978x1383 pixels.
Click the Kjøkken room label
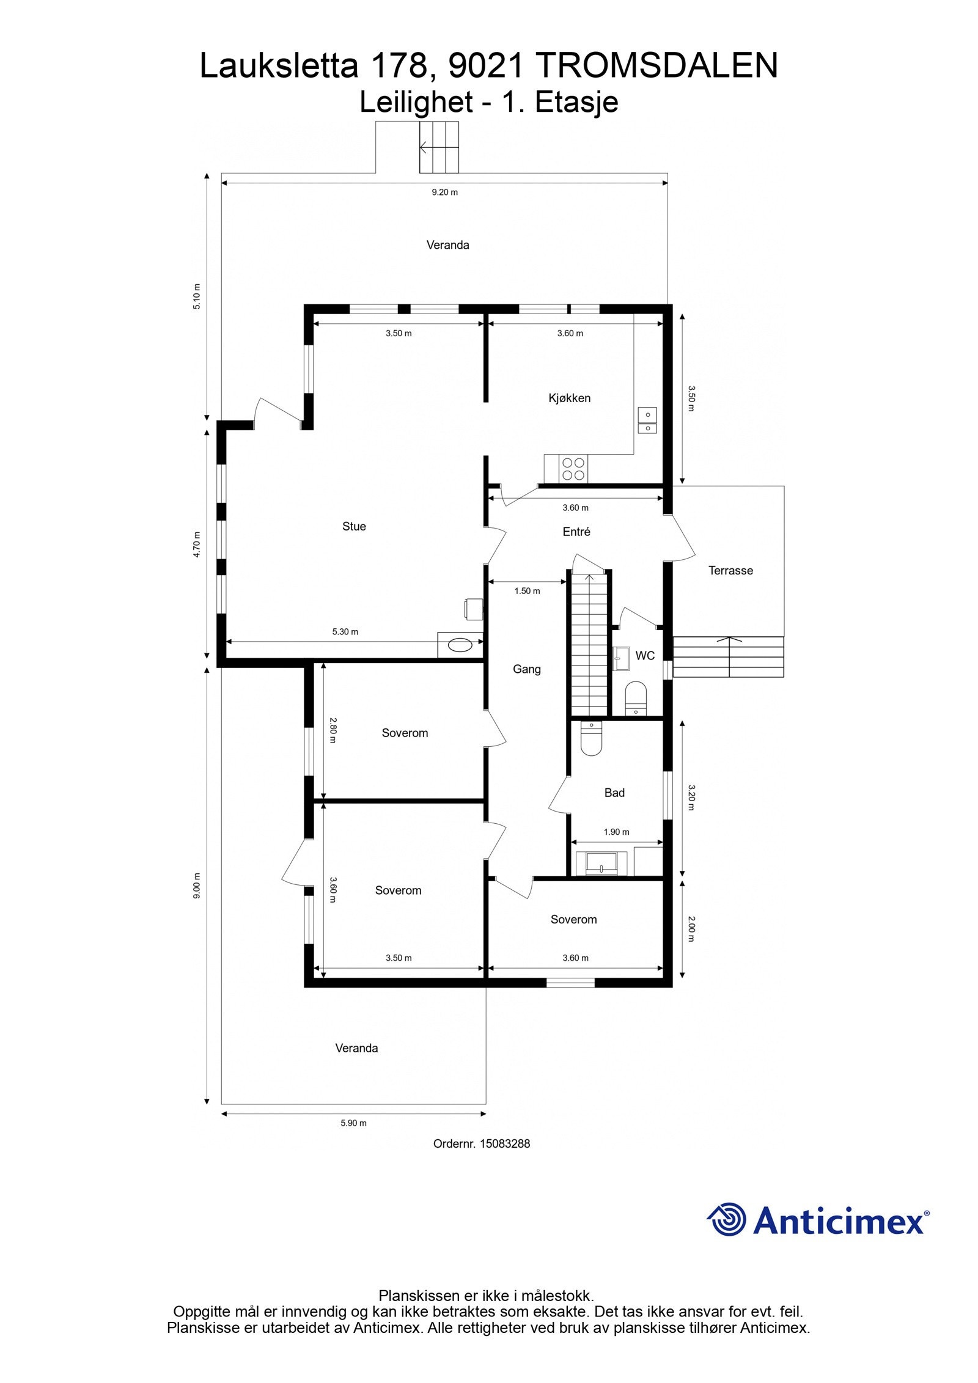point(569,398)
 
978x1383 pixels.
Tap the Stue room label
point(354,526)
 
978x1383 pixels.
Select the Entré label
point(576,532)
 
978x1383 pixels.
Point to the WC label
point(645,656)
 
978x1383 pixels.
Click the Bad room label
point(614,793)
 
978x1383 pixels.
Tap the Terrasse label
point(730,570)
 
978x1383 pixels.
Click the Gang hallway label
point(527,669)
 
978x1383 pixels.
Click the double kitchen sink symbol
point(647,420)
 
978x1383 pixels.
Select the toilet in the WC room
point(636,698)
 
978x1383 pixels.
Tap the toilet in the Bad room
point(591,738)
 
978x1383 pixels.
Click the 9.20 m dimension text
point(444,192)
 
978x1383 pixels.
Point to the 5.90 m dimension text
point(353,1123)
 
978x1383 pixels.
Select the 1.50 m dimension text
point(527,591)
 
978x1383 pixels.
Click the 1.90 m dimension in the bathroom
point(616,832)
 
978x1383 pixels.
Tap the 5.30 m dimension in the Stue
point(345,631)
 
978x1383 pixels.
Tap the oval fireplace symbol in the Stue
point(460,644)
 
